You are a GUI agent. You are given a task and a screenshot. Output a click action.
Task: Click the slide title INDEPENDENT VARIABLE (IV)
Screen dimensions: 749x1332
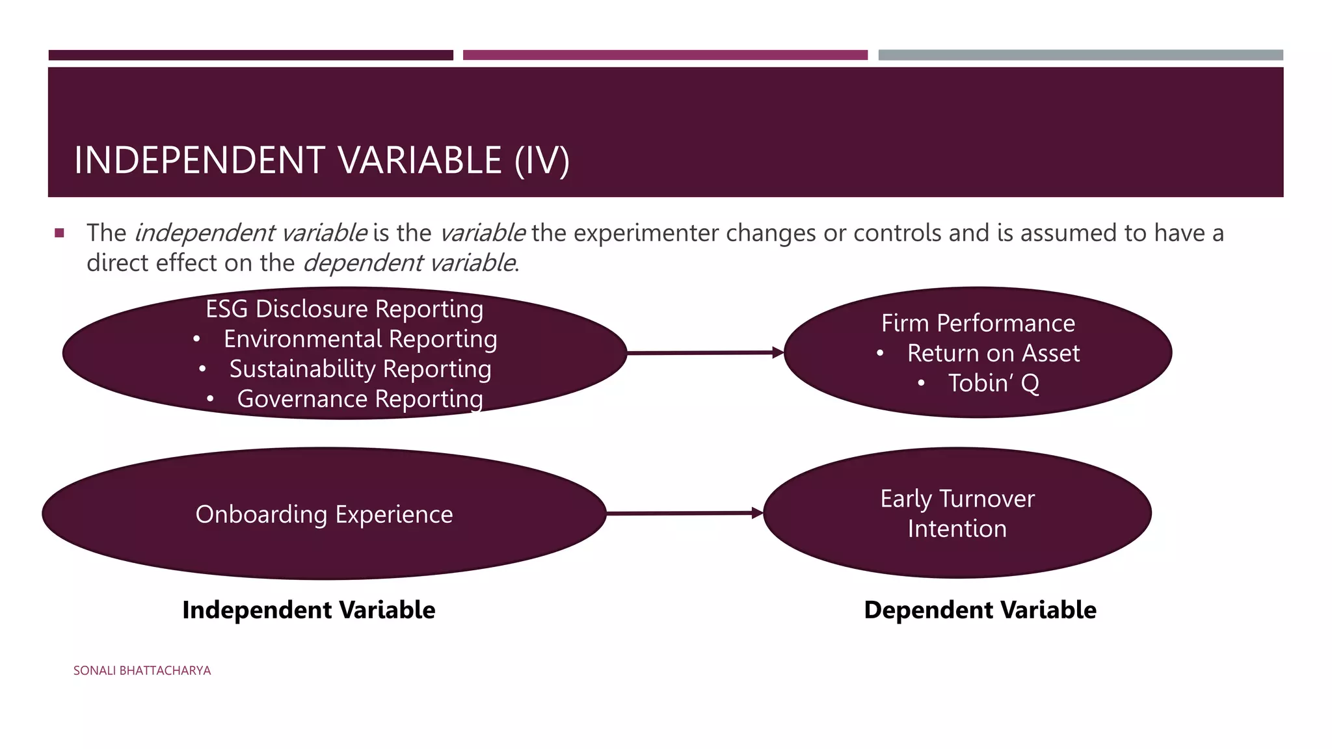(x=322, y=160)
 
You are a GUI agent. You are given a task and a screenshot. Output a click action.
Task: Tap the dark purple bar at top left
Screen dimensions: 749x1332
(x=250, y=55)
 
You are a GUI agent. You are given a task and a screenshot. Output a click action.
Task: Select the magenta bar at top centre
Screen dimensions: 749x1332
(x=665, y=55)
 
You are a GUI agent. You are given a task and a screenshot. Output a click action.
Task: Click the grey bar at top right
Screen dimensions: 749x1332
(x=1080, y=55)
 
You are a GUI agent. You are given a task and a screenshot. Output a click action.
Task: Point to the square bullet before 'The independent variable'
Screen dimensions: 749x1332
(x=60, y=233)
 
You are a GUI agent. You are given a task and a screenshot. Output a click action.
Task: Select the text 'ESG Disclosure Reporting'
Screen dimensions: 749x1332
(x=344, y=309)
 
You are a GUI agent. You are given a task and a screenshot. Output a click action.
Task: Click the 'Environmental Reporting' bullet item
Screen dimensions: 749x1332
(x=360, y=339)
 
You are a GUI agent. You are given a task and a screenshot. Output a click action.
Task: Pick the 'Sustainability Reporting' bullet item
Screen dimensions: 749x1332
(x=360, y=369)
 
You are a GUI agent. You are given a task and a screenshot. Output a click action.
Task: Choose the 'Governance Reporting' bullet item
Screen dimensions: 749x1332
(x=360, y=399)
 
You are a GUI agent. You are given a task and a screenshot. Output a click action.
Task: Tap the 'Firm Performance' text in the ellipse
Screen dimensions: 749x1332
(x=978, y=323)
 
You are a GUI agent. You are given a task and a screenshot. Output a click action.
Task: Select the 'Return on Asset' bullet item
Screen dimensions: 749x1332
(x=993, y=353)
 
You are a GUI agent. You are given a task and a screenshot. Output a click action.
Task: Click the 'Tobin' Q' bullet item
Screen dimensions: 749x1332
(x=993, y=383)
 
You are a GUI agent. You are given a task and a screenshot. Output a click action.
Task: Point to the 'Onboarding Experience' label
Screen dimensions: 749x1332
(x=324, y=514)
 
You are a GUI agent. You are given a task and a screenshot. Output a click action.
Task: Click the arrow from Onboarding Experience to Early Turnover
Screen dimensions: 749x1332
(x=684, y=514)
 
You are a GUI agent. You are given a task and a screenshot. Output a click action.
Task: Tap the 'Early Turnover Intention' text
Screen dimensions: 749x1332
(x=957, y=514)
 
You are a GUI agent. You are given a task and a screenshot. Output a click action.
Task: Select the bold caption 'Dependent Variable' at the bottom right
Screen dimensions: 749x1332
(x=979, y=610)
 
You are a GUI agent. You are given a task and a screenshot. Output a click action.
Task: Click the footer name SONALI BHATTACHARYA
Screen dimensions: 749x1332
(x=142, y=670)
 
